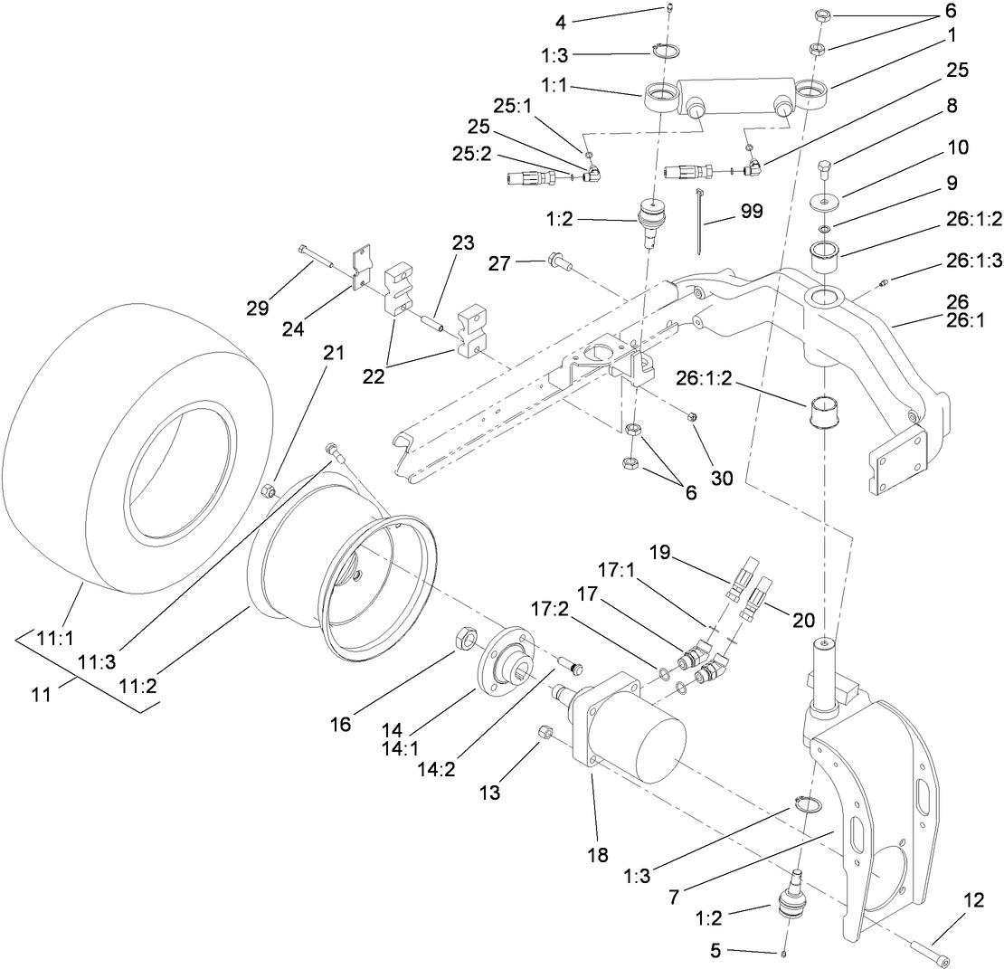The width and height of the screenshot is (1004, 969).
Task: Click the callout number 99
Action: [x=751, y=212]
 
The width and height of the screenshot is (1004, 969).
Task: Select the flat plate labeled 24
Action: [x=362, y=266]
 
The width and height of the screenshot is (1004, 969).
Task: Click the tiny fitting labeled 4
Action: [x=671, y=9]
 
